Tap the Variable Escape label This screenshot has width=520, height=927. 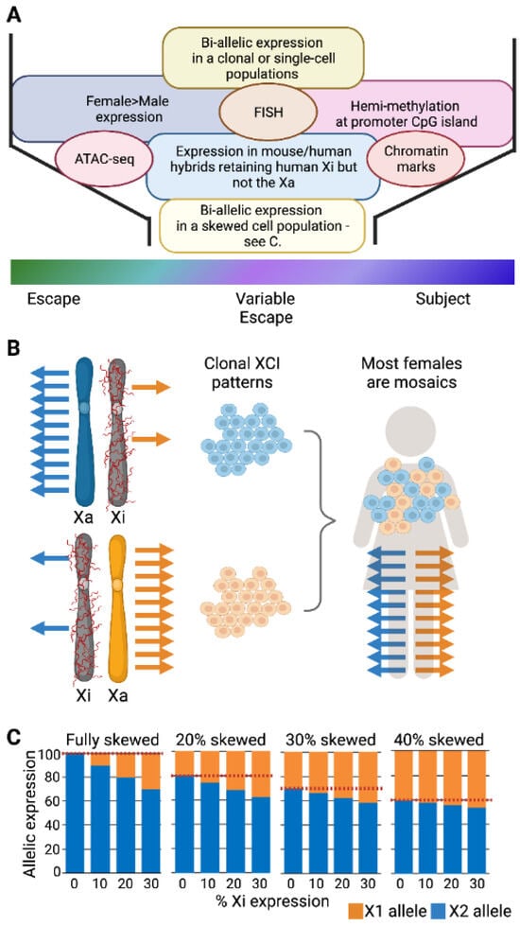(264, 307)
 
